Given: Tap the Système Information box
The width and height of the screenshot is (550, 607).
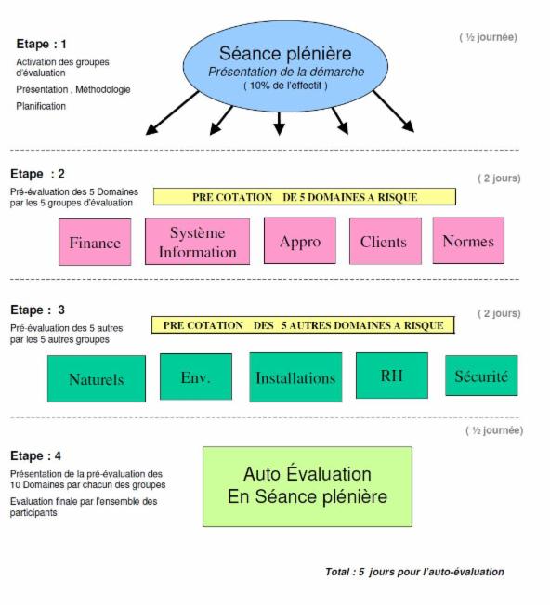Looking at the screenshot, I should click(198, 242).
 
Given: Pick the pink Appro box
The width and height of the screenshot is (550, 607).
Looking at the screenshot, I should click(299, 242).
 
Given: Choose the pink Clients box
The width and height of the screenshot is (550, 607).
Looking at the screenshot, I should click(384, 243).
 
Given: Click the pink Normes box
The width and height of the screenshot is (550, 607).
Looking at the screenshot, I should click(468, 241).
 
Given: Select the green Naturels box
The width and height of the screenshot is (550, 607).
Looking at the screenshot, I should click(97, 378).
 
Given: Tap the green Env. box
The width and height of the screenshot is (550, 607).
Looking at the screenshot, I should click(195, 376).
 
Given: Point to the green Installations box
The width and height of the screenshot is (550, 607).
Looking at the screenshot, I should click(295, 377).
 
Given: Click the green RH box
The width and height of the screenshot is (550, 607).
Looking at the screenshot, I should click(391, 376).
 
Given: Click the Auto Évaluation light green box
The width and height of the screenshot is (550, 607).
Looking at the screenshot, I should click(307, 485).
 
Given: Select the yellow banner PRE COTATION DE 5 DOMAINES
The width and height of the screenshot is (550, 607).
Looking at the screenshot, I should click(304, 197).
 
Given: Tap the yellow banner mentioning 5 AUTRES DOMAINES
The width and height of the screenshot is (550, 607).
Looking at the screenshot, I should click(304, 325).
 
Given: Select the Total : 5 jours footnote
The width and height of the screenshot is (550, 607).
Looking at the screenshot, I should click(414, 572).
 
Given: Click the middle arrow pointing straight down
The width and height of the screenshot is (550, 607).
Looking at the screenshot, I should click(279, 123).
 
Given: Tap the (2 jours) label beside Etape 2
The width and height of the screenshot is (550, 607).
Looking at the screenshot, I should click(499, 178).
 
